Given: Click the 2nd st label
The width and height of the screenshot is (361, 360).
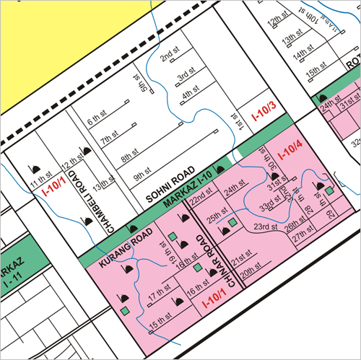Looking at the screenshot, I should [170, 55].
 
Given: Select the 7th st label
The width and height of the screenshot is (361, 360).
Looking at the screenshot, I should [109, 138].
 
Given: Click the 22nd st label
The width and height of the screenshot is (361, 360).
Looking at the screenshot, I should [201, 197].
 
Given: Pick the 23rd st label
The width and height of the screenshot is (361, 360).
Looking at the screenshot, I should [264, 228].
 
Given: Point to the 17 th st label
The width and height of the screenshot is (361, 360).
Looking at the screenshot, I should [157, 297].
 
